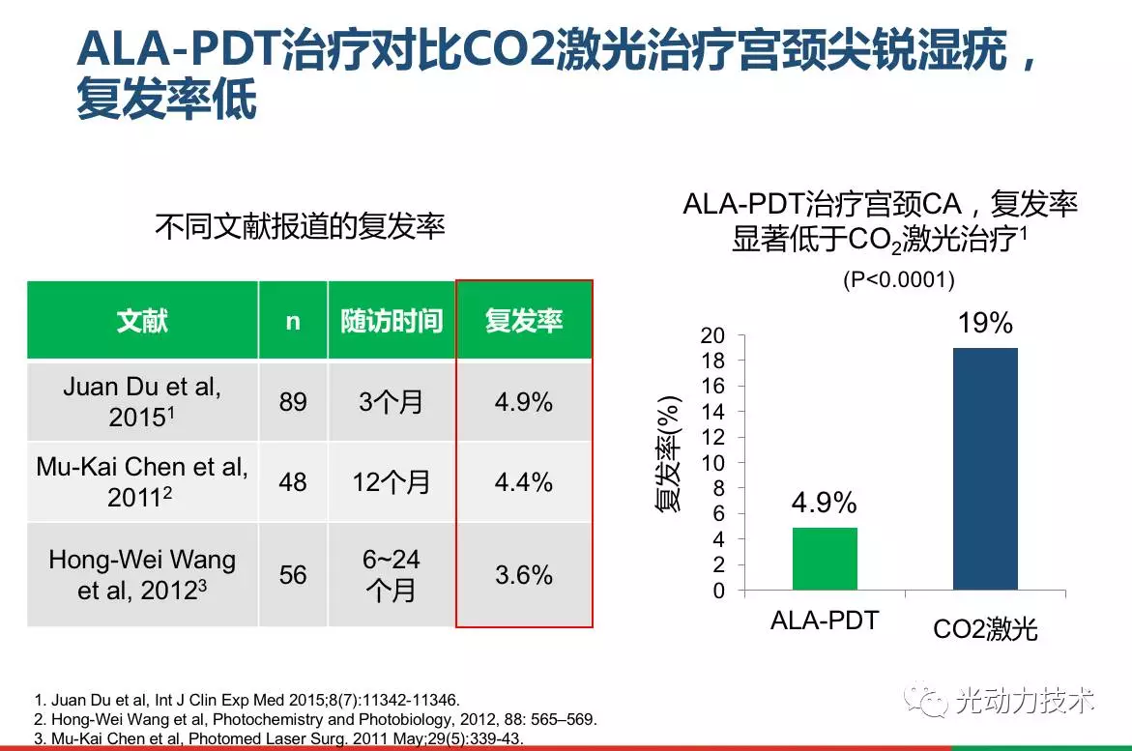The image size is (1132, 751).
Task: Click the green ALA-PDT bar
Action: pos(825,558)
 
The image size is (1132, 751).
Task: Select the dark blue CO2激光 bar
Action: pos(985,469)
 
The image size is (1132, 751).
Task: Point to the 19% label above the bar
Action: pos(985,324)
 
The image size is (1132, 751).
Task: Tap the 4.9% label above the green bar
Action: pos(825,504)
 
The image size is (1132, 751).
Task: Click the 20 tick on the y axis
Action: pos(712,335)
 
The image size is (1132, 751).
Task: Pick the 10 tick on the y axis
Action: pos(712,463)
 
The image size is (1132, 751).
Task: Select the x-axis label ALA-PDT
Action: pos(825,621)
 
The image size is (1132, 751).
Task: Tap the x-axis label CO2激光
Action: pos(985,629)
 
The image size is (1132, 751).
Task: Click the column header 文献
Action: pos(142,321)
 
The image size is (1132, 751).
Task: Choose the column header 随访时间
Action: pos(392,321)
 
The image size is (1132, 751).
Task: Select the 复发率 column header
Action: pos(523,321)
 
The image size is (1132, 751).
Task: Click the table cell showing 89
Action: pos(293,402)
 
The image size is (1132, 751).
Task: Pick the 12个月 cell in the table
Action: pos(392,481)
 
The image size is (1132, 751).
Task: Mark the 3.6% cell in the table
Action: pos(524,575)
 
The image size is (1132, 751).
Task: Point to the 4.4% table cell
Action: pos(524,481)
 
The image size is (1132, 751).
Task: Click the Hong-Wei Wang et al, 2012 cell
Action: pos(142,575)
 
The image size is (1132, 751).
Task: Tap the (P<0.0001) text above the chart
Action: pos(899,280)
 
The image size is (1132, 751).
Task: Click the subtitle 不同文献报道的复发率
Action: pos(300,226)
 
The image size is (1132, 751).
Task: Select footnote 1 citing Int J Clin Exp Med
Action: pos(247,699)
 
